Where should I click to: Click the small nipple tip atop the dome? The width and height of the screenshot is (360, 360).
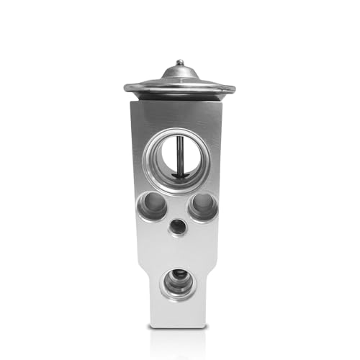(179, 63)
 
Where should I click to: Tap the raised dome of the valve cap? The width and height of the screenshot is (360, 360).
(179, 73)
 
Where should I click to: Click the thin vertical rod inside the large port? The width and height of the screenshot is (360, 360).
(179, 155)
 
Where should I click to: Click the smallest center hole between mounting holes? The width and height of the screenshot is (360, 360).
(177, 227)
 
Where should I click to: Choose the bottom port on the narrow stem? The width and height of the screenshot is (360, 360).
(177, 282)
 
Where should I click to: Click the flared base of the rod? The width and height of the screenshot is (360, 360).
(179, 175)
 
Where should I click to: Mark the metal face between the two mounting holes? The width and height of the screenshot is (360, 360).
(177, 206)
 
